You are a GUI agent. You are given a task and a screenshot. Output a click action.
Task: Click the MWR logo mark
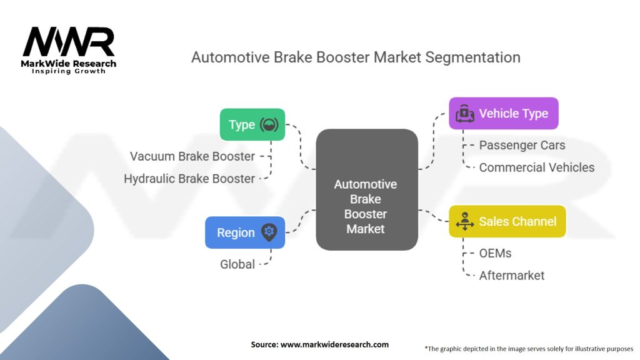(69, 42)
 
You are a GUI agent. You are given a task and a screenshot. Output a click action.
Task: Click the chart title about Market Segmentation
(356, 57)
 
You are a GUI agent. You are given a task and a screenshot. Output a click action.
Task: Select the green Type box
(252, 124)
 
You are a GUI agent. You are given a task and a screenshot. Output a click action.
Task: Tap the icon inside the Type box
(269, 124)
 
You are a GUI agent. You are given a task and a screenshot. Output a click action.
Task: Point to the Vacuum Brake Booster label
(192, 156)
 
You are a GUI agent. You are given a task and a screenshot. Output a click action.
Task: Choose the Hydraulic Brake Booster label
(189, 179)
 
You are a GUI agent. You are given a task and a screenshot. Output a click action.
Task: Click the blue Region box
(245, 232)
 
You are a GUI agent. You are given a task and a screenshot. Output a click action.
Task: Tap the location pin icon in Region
(269, 232)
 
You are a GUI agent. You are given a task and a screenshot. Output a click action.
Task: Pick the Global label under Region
(237, 264)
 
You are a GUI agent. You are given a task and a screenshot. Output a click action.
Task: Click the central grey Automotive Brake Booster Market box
(367, 190)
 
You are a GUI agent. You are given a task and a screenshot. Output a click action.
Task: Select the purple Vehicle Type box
(504, 114)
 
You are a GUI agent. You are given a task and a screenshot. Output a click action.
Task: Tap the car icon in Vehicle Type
(465, 114)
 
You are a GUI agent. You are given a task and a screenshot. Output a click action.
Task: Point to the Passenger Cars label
(522, 145)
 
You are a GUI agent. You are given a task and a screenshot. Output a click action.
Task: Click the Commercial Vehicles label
(537, 167)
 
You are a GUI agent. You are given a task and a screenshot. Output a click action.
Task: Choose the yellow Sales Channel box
(507, 221)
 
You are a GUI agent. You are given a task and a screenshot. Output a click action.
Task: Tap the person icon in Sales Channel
(464, 221)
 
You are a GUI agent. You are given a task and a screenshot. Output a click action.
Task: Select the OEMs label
(495, 254)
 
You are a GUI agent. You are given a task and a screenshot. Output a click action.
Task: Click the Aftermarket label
(512, 276)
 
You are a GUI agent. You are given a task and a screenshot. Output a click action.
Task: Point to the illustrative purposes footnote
(529, 349)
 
